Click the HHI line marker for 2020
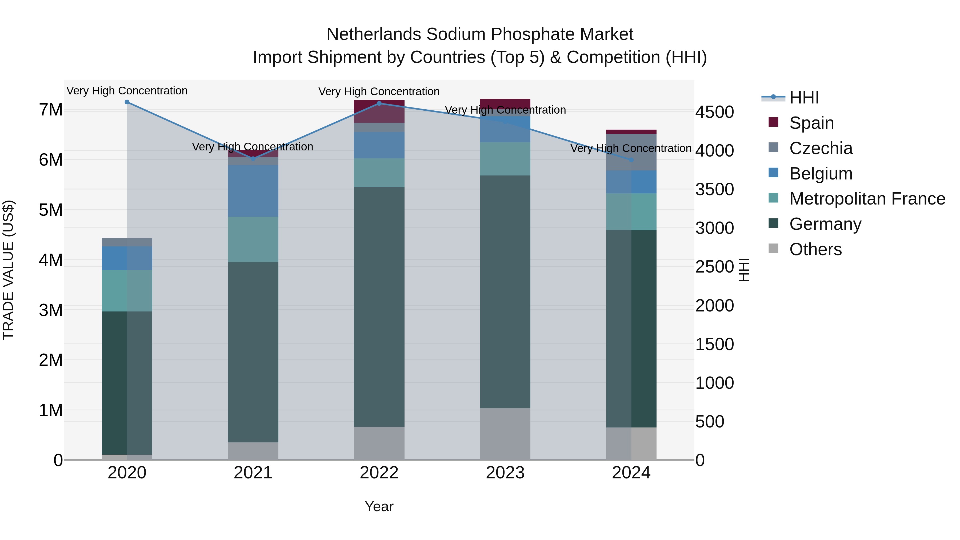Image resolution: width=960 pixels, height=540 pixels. pos(127,102)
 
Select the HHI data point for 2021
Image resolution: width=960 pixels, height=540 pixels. pos(253,159)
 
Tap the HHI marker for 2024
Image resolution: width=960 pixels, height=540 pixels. pos(631,160)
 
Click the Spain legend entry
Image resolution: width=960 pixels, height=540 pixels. pos(811,123)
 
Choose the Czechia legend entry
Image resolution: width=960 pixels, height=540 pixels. pos(821,148)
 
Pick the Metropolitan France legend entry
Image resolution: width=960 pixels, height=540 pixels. pos(867,199)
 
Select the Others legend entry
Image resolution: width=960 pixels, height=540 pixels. pos(815,249)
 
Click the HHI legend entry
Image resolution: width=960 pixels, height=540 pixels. pos(804,98)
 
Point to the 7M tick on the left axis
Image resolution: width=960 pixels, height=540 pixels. pos(51,110)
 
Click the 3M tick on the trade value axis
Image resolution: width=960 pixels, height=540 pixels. pos(51,310)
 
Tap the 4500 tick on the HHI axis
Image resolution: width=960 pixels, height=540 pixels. pos(714,112)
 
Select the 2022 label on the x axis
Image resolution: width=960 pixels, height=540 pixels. pos(379,473)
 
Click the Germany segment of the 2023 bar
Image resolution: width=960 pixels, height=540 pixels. pos(505,291)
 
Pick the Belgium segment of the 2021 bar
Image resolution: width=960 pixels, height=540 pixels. pos(253,191)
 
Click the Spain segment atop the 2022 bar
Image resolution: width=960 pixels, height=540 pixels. pos(379,111)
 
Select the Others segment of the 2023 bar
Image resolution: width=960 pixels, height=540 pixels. pos(505,434)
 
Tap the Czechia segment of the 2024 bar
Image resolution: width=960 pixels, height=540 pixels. pos(631,152)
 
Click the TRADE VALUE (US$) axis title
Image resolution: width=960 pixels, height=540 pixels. pos(8,270)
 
